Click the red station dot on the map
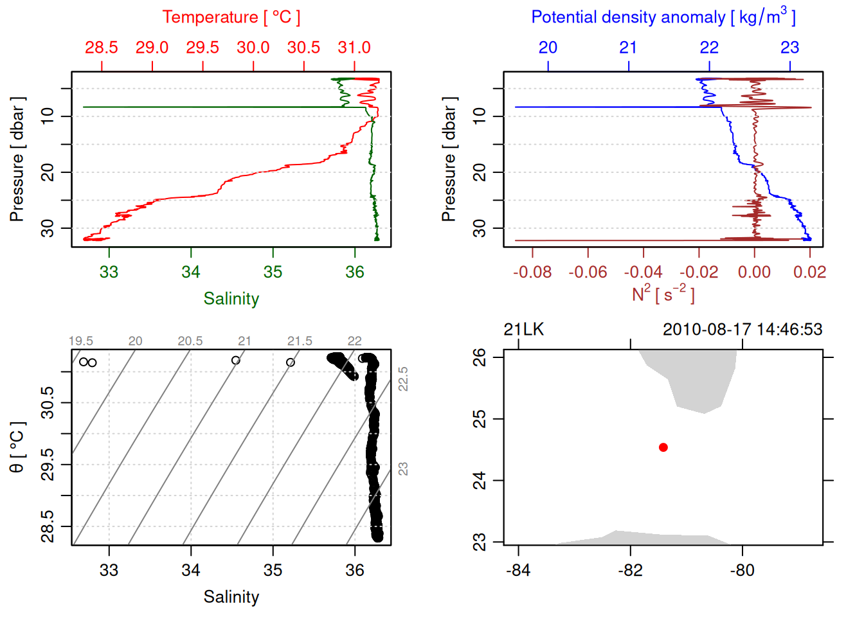click(x=663, y=447)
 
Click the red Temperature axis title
click(x=231, y=17)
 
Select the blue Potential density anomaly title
click(x=663, y=17)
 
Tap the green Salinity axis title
click(x=231, y=299)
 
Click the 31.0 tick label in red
click(x=354, y=48)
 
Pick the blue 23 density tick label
click(x=789, y=48)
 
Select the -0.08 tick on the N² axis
click(x=532, y=272)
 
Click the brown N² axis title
click(x=663, y=294)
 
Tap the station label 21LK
click(x=523, y=330)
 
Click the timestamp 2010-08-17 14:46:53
click(x=742, y=330)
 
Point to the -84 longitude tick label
click(x=518, y=571)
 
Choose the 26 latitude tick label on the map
click(x=480, y=357)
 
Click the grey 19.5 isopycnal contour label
click(x=81, y=341)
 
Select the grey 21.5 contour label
click(x=300, y=341)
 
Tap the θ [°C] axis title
click(x=17, y=447)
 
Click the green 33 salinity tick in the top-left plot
click(x=109, y=273)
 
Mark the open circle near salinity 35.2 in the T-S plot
click(x=291, y=362)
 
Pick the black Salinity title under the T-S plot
click(x=231, y=597)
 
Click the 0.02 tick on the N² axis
click(x=809, y=272)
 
